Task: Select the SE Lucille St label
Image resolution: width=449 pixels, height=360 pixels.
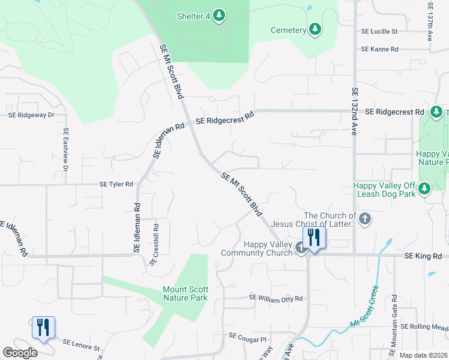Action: coord(379,31)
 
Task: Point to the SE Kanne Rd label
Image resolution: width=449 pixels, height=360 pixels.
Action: coord(379,49)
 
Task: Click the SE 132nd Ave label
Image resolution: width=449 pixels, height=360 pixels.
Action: coord(355,112)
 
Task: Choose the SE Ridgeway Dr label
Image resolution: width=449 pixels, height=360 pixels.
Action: coord(31,115)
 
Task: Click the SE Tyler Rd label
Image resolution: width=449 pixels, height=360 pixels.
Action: coord(116,184)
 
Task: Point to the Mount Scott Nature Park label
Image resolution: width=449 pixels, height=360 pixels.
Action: coord(185,293)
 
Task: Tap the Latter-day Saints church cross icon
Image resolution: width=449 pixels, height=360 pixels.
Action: coord(365,220)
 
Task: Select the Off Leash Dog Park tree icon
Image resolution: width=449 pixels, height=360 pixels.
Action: coord(425,190)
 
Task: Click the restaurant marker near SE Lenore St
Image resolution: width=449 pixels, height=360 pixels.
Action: coord(43,328)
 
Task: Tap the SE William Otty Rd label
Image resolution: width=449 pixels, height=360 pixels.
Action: coord(277,298)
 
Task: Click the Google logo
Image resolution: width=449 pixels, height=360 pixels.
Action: coord(20,353)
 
